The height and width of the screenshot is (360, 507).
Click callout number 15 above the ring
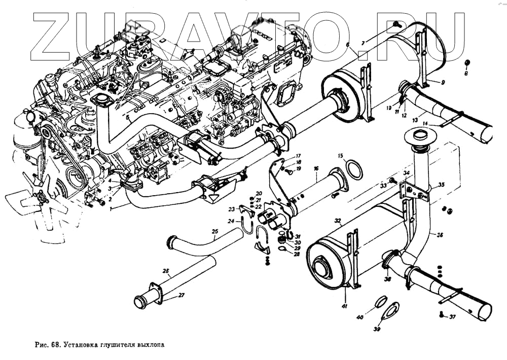click(341, 155)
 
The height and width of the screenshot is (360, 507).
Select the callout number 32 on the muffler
click(337, 221)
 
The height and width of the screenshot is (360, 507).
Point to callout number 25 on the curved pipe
click(214, 232)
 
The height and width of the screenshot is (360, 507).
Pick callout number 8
click(466, 74)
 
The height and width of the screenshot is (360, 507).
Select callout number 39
click(377, 329)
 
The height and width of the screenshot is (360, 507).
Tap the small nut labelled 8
click(467, 63)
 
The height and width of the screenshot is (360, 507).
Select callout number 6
click(348, 45)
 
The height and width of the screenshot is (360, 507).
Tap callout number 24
click(231, 221)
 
